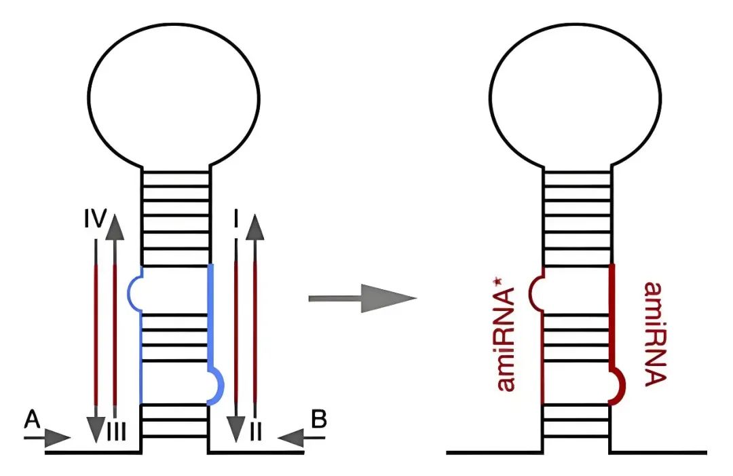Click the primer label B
[318, 419]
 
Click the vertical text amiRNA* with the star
[506, 340]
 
